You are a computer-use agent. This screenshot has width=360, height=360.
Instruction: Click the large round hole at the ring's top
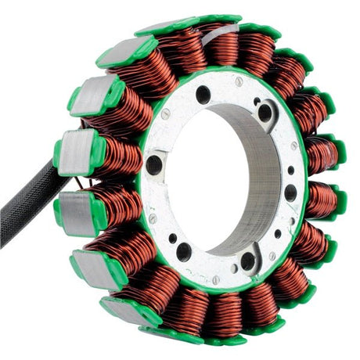tap(203, 95)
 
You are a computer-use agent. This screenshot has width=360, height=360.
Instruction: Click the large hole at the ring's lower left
tap(183, 251)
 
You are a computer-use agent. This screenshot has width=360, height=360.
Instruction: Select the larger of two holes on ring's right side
tap(290, 193)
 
